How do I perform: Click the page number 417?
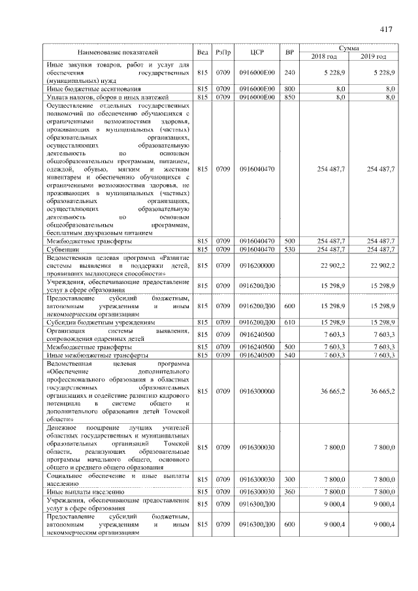[x=384, y=29]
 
